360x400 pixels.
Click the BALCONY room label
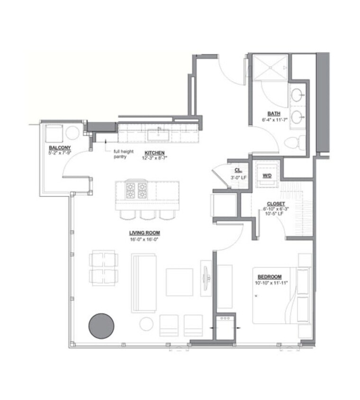tap(59, 147)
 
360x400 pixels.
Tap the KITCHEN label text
tap(154, 152)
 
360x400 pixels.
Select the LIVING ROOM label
tap(144, 233)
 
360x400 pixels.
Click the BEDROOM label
tap(270, 277)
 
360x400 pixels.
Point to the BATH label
tap(273, 113)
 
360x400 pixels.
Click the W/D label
tap(267, 175)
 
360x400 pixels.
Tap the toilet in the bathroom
tap(296, 142)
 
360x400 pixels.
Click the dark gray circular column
tap(101, 326)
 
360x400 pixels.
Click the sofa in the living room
tap(144, 282)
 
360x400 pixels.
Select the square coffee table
tap(179, 282)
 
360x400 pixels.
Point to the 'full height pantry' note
tap(119, 154)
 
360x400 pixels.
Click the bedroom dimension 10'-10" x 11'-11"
tap(272, 283)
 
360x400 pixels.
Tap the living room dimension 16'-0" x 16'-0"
tap(144, 239)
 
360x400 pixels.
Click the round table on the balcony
tap(72, 132)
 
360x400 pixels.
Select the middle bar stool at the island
tap(148, 214)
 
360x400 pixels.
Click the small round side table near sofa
tap(146, 324)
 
